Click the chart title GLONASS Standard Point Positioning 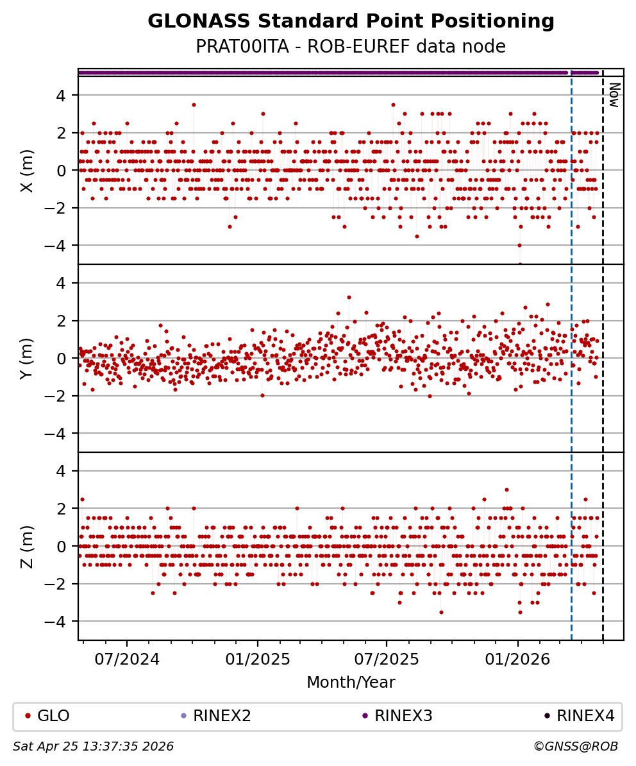pyautogui.click(x=351, y=22)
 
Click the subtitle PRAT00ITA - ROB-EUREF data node pyautogui.click(x=351, y=47)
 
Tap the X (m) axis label pyautogui.click(x=27, y=171)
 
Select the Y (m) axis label pyautogui.click(x=27, y=358)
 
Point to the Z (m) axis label pyautogui.click(x=27, y=546)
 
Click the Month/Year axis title pyautogui.click(x=351, y=683)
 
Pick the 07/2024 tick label pyautogui.click(x=127, y=660)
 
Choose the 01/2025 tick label pyautogui.click(x=257, y=660)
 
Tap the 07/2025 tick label pyautogui.click(x=387, y=660)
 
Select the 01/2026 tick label pyautogui.click(x=517, y=660)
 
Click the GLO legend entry pyautogui.click(x=53, y=716)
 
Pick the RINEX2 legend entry pyautogui.click(x=222, y=716)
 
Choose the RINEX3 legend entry pyautogui.click(x=403, y=716)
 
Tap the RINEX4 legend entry pyautogui.click(x=585, y=716)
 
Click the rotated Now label pyautogui.click(x=614, y=95)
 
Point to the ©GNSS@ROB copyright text pyautogui.click(x=576, y=747)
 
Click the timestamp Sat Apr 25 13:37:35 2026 pyautogui.click(x=94, y=747)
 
